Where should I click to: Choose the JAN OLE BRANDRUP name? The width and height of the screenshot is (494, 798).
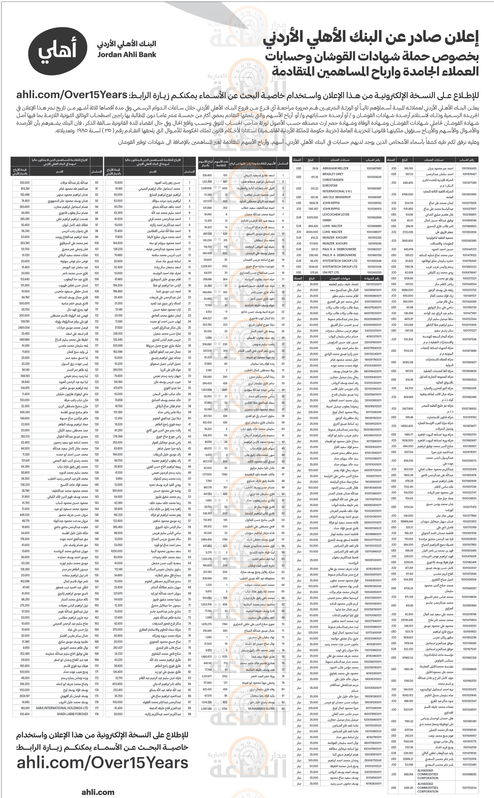tap(337, 197)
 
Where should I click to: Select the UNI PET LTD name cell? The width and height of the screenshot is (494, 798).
tap(331, 272)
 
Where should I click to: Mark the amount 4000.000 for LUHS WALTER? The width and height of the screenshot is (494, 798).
tap(312, 232)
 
